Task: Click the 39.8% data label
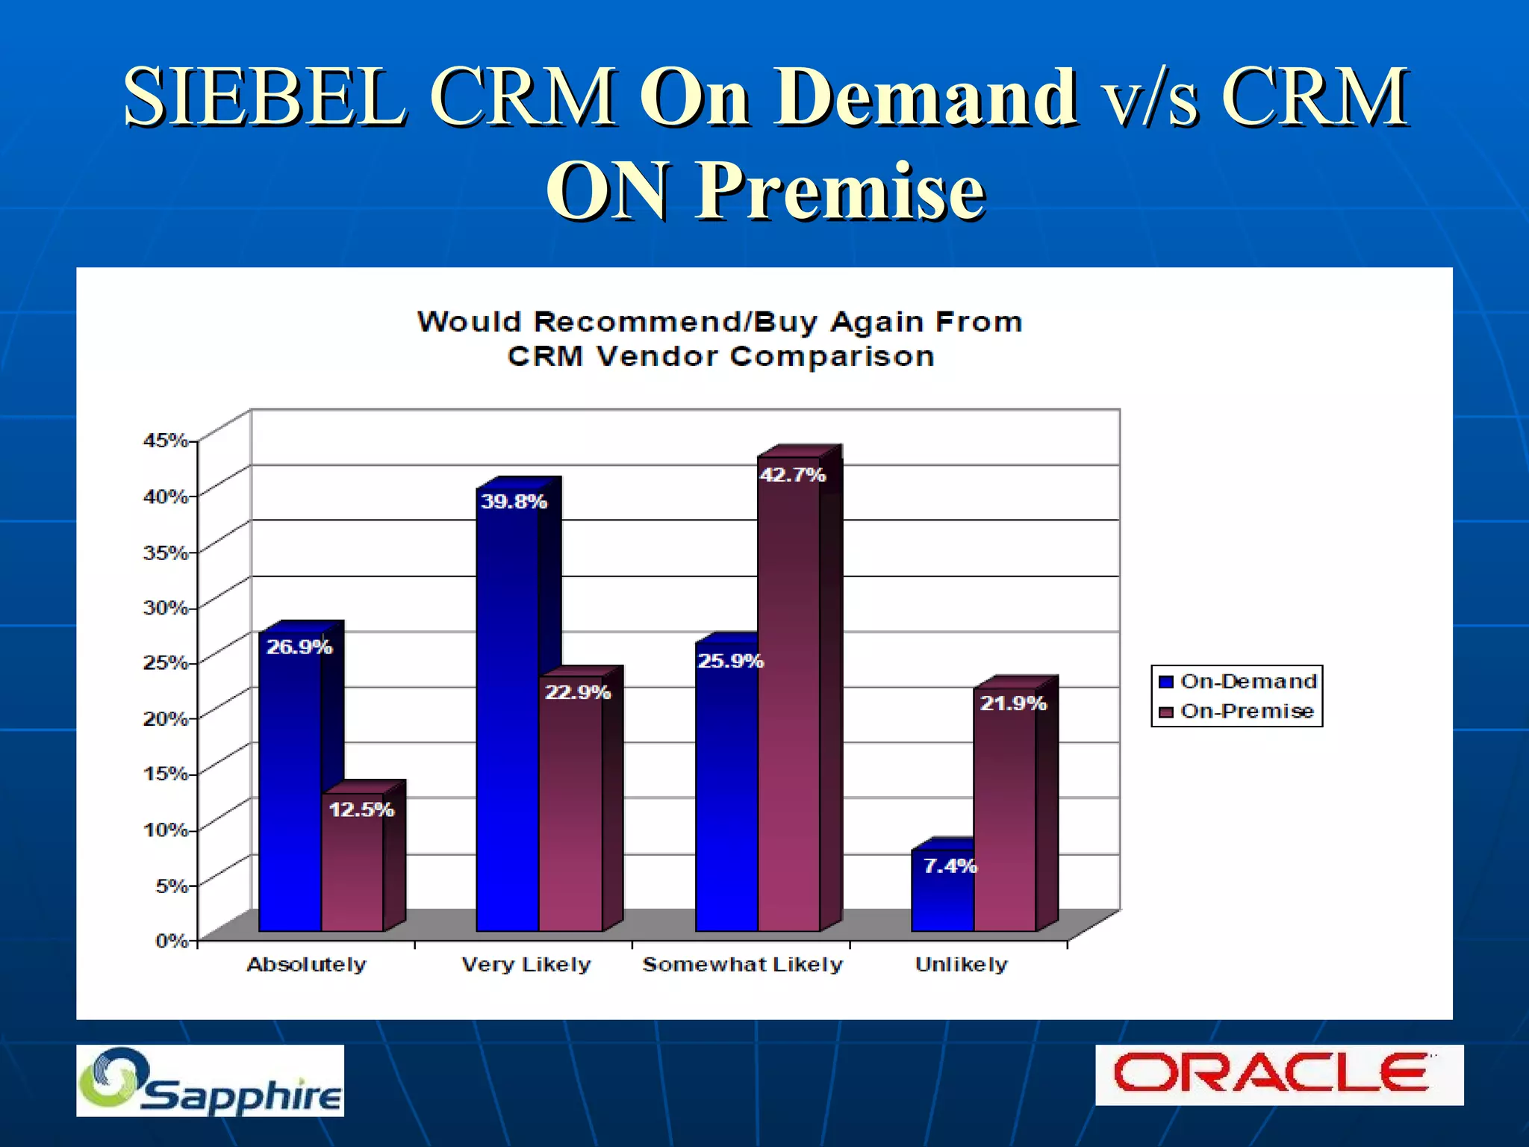coord(514,501)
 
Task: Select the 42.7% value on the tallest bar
coord(792,475)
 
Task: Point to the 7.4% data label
coord(950,865)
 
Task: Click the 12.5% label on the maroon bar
coord(361,809)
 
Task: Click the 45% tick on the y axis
coord(165,440)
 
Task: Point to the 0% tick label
coord(171,940)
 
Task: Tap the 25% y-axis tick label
coord(165,662)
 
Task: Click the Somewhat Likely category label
coord(742,964)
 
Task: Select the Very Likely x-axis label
coord(526,964)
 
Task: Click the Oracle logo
coord(1278,1075)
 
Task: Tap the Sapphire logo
coord(210,1081)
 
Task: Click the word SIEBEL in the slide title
coord(266,97)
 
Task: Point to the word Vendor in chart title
coord(657,356)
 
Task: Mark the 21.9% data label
coord(1012,703)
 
